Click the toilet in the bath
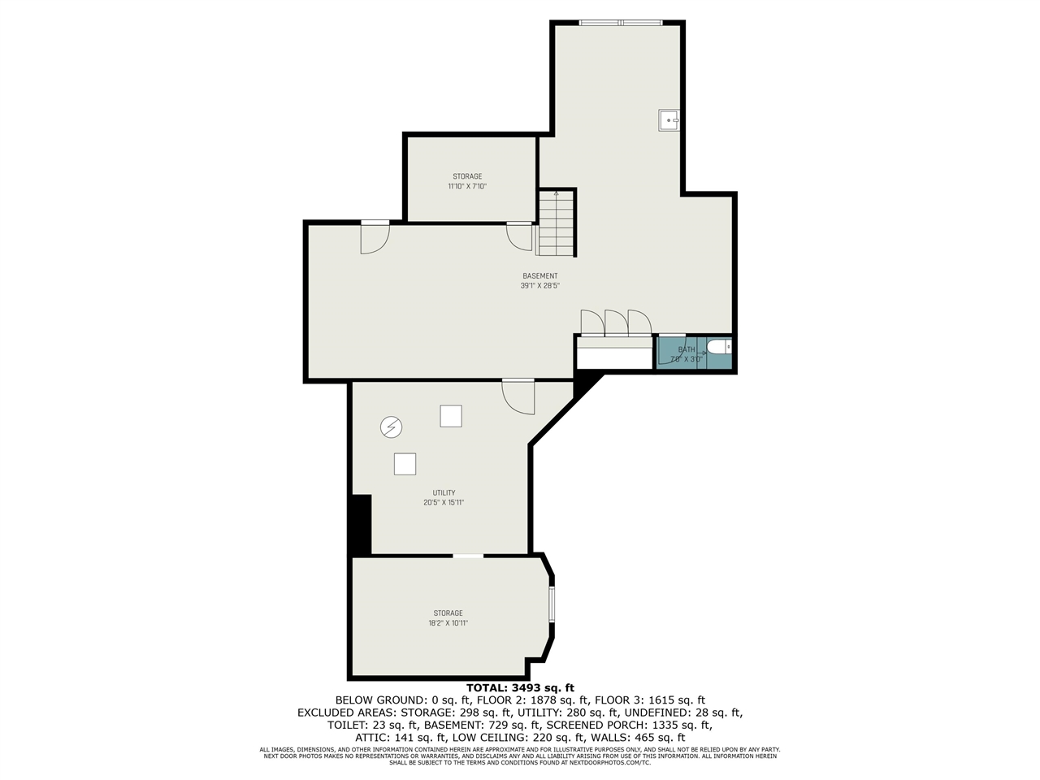(x=718, y=348)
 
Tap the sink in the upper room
(x=669, y=120)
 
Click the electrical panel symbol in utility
(x=392, y=427)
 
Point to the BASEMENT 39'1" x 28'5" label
(x=540, y=281)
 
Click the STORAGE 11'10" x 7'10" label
(x=467, y=181)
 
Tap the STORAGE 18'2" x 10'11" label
(x=448, y=618)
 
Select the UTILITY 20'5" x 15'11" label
(x=444, y=498)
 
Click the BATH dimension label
(x=687, y=354)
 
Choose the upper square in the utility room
(x=451, y=416)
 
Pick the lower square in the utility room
(x=405, y=464)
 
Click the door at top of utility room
(x=518, y=395)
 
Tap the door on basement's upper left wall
(x=375, y=236)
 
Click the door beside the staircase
(x=519, y=236)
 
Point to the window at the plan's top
(x=621, y=23)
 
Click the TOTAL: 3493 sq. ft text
(x=520, y=687)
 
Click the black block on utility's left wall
(x=360, y=525)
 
